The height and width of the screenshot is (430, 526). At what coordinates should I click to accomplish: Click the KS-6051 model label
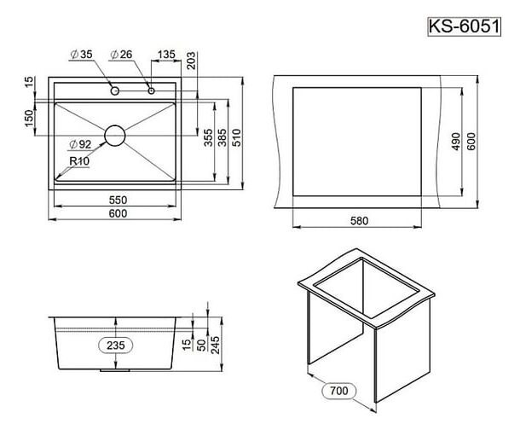click(x=465, y=26)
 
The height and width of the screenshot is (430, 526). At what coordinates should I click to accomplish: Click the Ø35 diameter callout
click(x=82, y=54)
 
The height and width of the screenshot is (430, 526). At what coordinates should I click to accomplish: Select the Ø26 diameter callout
click(x=122, y=54)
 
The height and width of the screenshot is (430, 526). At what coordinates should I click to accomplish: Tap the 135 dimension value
click(x=166, y=54)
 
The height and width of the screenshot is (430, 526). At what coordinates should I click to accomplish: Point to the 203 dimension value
click(x=191, y=61)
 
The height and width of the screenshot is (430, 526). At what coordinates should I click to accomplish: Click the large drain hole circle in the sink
click(x=115, y=136)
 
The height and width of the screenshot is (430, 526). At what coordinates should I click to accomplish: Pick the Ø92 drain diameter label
click(x=80, y=144)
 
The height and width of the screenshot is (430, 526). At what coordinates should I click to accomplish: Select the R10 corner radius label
click(x=79, y=161)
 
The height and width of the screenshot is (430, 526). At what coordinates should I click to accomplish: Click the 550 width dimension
click(x=118, y=200)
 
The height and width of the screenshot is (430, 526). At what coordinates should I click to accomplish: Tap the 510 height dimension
click(x=236, y=137)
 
